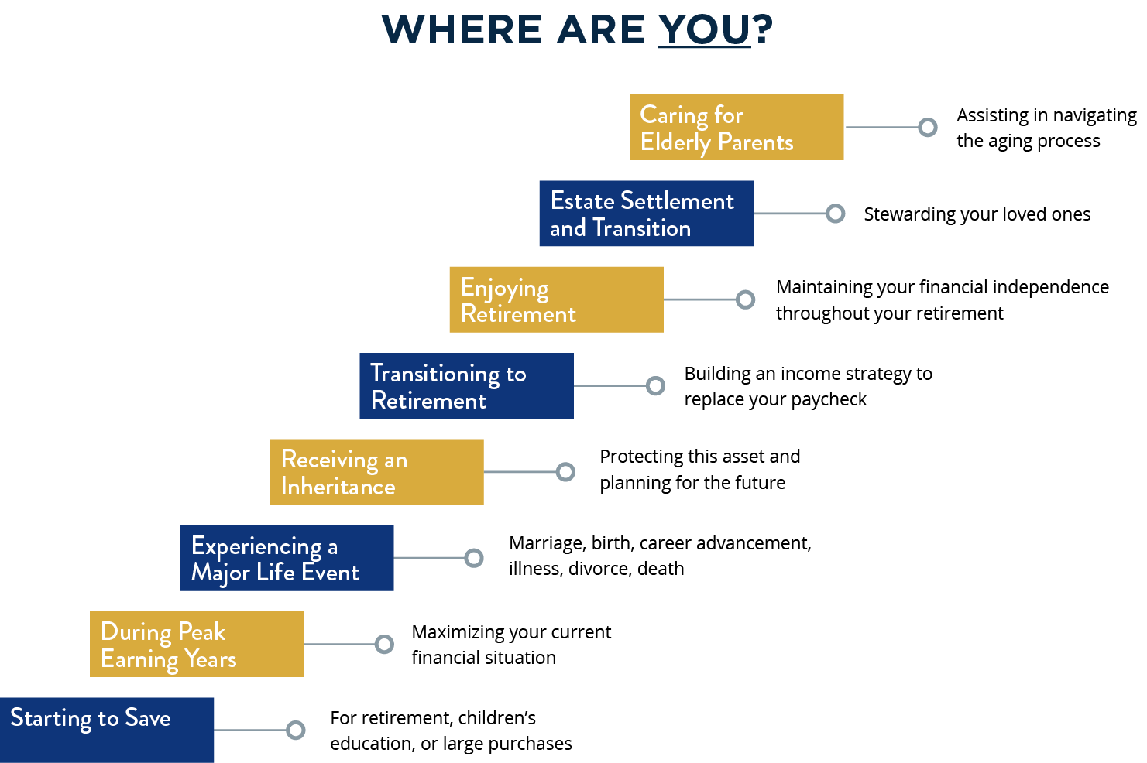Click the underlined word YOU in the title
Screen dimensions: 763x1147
704,29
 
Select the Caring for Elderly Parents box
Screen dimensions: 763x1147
736,128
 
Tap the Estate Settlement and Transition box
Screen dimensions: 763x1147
646,214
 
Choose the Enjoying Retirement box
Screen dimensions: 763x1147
555,299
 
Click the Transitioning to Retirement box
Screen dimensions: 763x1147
465,385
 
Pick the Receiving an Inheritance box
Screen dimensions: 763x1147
376,472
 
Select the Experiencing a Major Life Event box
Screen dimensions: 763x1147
287,558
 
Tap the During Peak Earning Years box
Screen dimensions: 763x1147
197,644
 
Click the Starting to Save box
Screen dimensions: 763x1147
107,730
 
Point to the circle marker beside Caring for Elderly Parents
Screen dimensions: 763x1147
927,128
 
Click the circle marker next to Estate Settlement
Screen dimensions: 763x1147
835,214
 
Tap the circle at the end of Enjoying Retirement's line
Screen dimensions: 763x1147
745,299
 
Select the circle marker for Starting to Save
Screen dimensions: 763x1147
295,730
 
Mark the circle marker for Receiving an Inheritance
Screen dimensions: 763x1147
565,472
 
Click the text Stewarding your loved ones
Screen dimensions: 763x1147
977,214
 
